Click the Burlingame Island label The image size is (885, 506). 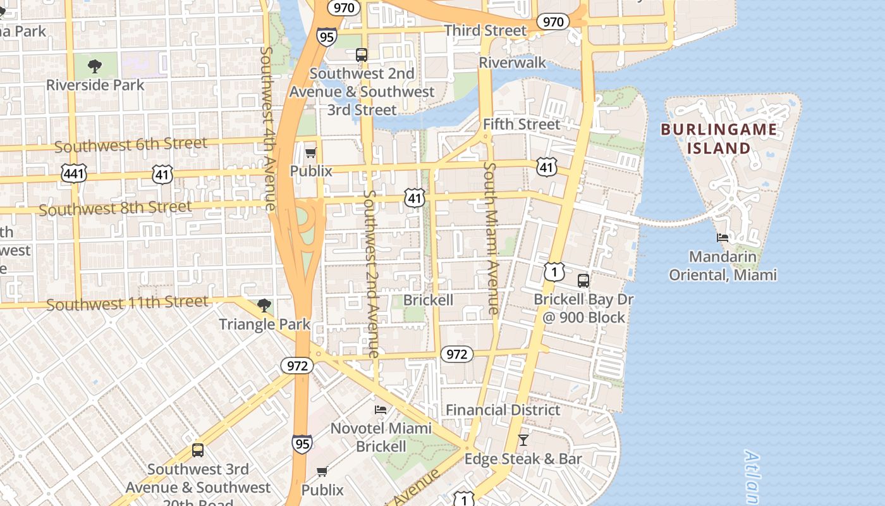point(719,139)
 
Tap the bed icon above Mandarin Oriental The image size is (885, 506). point(723,238)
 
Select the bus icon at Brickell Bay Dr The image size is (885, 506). point(583,280)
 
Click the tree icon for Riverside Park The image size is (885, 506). point(95,66)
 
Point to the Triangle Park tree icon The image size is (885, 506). point(264,306)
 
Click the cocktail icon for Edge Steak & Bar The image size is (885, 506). point(523,440)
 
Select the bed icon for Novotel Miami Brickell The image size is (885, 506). point(381,410)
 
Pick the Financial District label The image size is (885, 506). point(503,410)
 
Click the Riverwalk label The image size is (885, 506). point(512,63)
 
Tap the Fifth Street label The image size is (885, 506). point(522,125)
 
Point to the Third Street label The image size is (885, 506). point(485,30)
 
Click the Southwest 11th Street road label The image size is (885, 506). point(127,304)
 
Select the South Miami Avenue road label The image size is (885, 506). point(491,238)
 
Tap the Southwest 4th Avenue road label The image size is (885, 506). point(268,128)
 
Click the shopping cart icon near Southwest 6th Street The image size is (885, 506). point(310,152)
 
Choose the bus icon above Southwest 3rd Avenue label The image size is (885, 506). point(198,450)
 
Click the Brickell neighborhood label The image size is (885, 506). point(428,300)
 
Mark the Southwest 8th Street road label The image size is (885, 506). point(115,208)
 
